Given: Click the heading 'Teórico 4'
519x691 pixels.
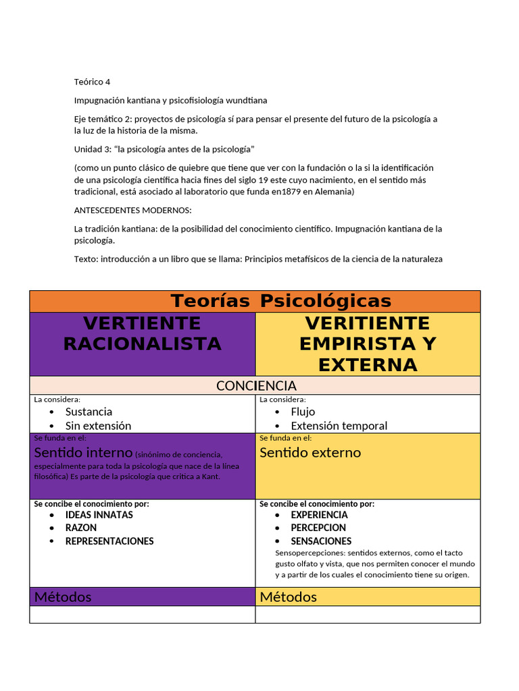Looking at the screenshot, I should coord(92,82).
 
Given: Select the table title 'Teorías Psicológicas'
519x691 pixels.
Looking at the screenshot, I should coord(280,301).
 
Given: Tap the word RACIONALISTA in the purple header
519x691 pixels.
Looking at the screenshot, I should coord(142,343).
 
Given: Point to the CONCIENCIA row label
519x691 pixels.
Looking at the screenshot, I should coord(255,385).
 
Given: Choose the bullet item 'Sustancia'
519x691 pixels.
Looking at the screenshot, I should coord(89,412).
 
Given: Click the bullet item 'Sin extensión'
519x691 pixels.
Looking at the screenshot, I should coord(98,426).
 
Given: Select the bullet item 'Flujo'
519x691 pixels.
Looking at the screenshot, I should coord(303,412).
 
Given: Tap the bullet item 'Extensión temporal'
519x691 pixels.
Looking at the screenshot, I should coord(339,426).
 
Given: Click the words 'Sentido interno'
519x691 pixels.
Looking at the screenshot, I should coord(83,453).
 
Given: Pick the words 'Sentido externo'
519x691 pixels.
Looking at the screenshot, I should coord(310,453).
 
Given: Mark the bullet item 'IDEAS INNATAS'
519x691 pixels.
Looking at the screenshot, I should coord(99,515).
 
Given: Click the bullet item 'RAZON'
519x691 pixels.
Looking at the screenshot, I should coord(81,528).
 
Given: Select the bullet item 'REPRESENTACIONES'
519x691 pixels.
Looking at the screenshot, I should coord(109,541).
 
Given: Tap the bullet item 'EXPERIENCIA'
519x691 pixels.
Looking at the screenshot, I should coord(319,515).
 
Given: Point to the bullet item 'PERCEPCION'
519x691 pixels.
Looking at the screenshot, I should coord(318,528).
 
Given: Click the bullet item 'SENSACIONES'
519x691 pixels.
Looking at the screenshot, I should coord(321,541).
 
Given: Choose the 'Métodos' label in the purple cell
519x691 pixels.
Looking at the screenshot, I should coord(63,597).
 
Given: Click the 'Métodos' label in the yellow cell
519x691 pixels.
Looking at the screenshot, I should coord(288,597).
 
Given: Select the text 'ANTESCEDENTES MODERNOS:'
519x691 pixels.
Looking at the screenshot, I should coord(132,210).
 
